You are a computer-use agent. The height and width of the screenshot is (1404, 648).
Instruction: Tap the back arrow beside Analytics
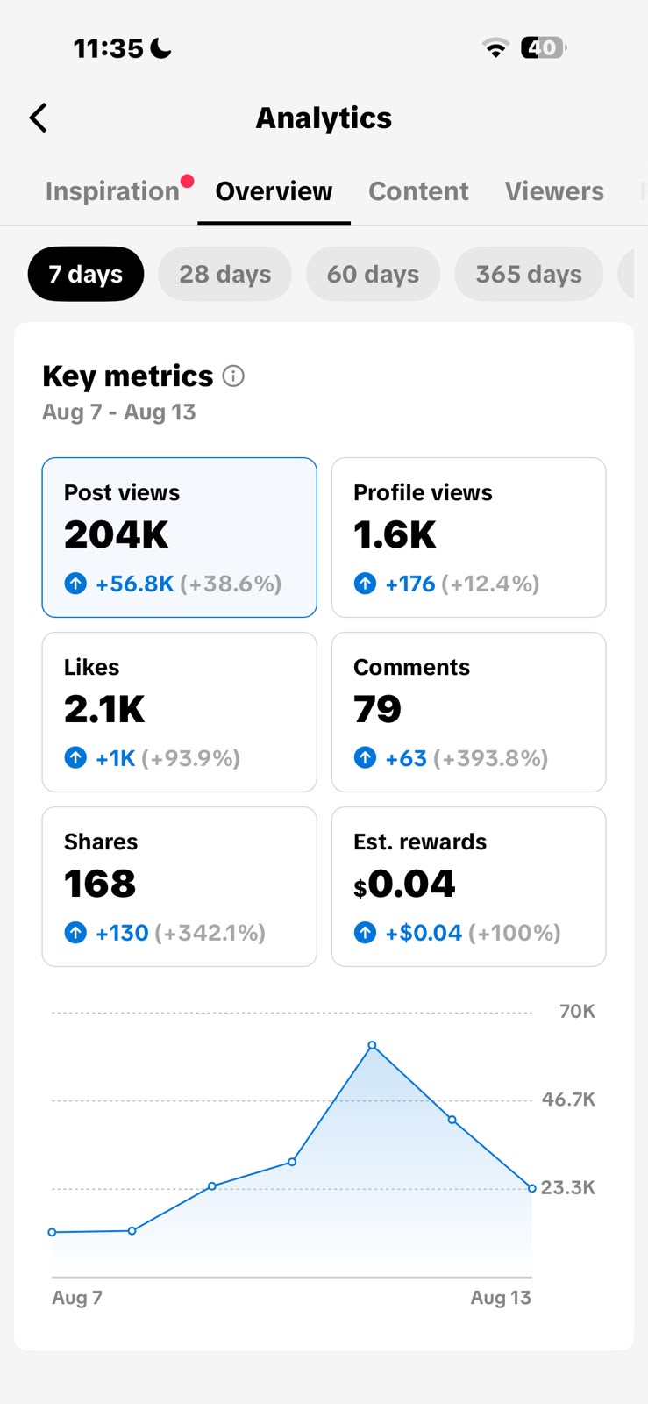tap(39, 118)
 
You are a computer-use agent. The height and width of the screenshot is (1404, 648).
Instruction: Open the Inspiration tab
tap(113, 191)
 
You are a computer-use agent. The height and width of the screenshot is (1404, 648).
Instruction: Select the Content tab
tap(418, 191)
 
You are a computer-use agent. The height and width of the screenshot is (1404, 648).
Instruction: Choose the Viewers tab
tap(554, 191)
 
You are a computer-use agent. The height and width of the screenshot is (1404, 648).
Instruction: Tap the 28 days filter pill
tap(224, 274)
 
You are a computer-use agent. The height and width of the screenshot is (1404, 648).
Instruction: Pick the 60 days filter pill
tap(374, 274)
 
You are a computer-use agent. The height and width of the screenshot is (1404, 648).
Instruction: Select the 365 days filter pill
tap(529, 274)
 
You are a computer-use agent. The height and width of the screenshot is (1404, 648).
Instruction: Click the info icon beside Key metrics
tap(233, 376)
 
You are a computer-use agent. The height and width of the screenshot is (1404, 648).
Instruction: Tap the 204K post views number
tap(116, 534)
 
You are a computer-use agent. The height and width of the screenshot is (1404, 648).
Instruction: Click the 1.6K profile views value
tap(395, 534)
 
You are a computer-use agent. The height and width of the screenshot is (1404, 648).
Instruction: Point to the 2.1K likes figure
tap(104, 709)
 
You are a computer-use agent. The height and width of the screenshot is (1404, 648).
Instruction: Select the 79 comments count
tap(377, 709)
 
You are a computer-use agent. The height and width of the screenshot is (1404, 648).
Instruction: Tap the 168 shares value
tap(100, 883)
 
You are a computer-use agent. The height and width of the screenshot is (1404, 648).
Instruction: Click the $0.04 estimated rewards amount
tap(404, 884)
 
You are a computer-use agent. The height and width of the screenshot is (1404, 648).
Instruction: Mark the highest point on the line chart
tap(373, 1045)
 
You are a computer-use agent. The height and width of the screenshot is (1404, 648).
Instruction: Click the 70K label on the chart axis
tap(577, 1011)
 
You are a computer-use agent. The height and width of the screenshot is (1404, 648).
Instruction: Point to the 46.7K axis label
tap(568, 1099)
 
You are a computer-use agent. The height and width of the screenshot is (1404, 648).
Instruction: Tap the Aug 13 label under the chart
tap(501, 1297)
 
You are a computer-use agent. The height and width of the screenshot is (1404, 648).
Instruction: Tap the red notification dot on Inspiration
tap(187, 181)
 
